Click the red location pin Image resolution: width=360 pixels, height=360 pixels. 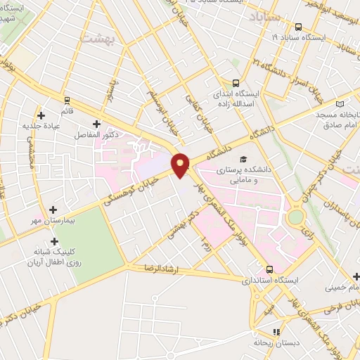[181, 164]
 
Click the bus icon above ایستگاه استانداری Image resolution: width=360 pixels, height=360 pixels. [269, 269]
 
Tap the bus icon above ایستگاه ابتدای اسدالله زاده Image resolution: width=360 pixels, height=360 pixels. [236, 82]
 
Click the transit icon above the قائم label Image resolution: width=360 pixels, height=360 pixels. [67, 100]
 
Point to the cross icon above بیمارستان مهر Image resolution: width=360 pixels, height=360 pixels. [54, 210]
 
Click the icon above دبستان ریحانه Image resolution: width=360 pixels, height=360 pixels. [276, 331]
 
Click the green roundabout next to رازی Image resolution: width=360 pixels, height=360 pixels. [295, 217]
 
